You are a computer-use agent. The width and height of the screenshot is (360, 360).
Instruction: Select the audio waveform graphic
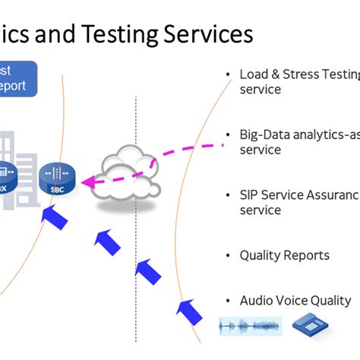click(x=249, y=326)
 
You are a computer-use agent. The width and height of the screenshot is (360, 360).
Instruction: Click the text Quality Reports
click(x=284, y=256)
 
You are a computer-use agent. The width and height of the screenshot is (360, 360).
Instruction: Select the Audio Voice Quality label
click(x=295, y=301)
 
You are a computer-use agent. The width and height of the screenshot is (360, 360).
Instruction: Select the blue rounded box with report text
click(x=16, y=78)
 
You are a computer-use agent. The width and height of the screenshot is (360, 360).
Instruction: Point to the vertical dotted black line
click(x=136, y=228)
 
